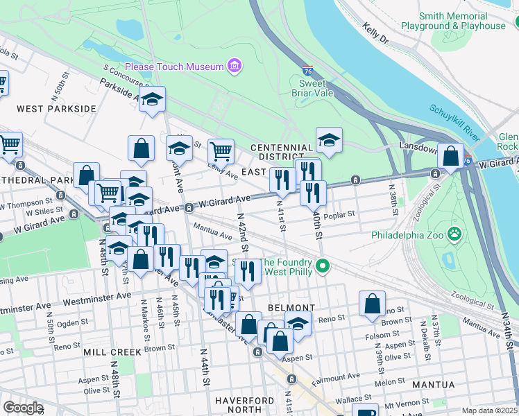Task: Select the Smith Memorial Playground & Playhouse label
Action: pyautogui.click(x=453, y=21)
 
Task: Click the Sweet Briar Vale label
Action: pyautogui.click(x=316, y=89)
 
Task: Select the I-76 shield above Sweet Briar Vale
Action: pyautogui.click(x=308, y=71)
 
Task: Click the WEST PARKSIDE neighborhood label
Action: pyautogui.click(x=56, y=109)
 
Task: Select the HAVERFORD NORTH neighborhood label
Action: pyautogui.click(x=246, y=406)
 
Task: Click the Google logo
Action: pyautogui.click(x=23, y=407)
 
